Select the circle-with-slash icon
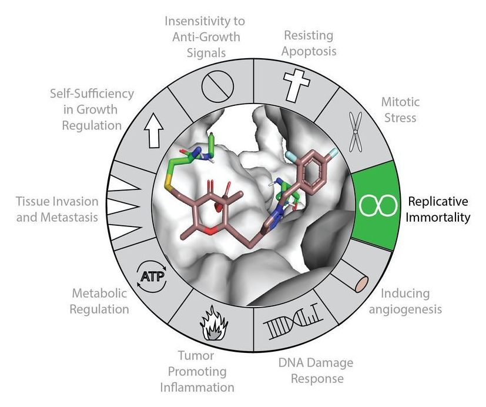coord(217,86)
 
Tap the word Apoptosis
coord(309,51)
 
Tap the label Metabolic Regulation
coord(99,301)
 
